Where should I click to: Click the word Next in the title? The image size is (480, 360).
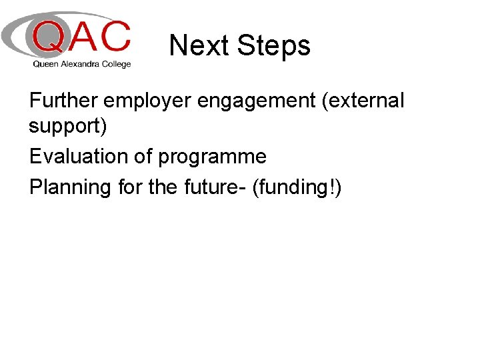[199, 45]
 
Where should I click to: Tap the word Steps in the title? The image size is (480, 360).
[274, 47]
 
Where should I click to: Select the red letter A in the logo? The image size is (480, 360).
[83, 35]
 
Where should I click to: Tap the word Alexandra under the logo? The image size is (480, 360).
[80, 64]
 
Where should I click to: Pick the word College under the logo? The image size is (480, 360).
[116, 65]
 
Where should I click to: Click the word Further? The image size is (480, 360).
[63, 100]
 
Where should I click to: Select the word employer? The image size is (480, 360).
[147, 102]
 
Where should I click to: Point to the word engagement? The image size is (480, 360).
[257, 102]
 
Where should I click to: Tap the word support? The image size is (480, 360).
[65, 127]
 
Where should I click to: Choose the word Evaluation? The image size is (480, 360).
[79, 156]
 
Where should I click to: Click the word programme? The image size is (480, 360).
[213, 158]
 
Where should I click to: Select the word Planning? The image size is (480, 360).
[70, 188]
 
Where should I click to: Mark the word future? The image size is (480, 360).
[211, 187]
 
